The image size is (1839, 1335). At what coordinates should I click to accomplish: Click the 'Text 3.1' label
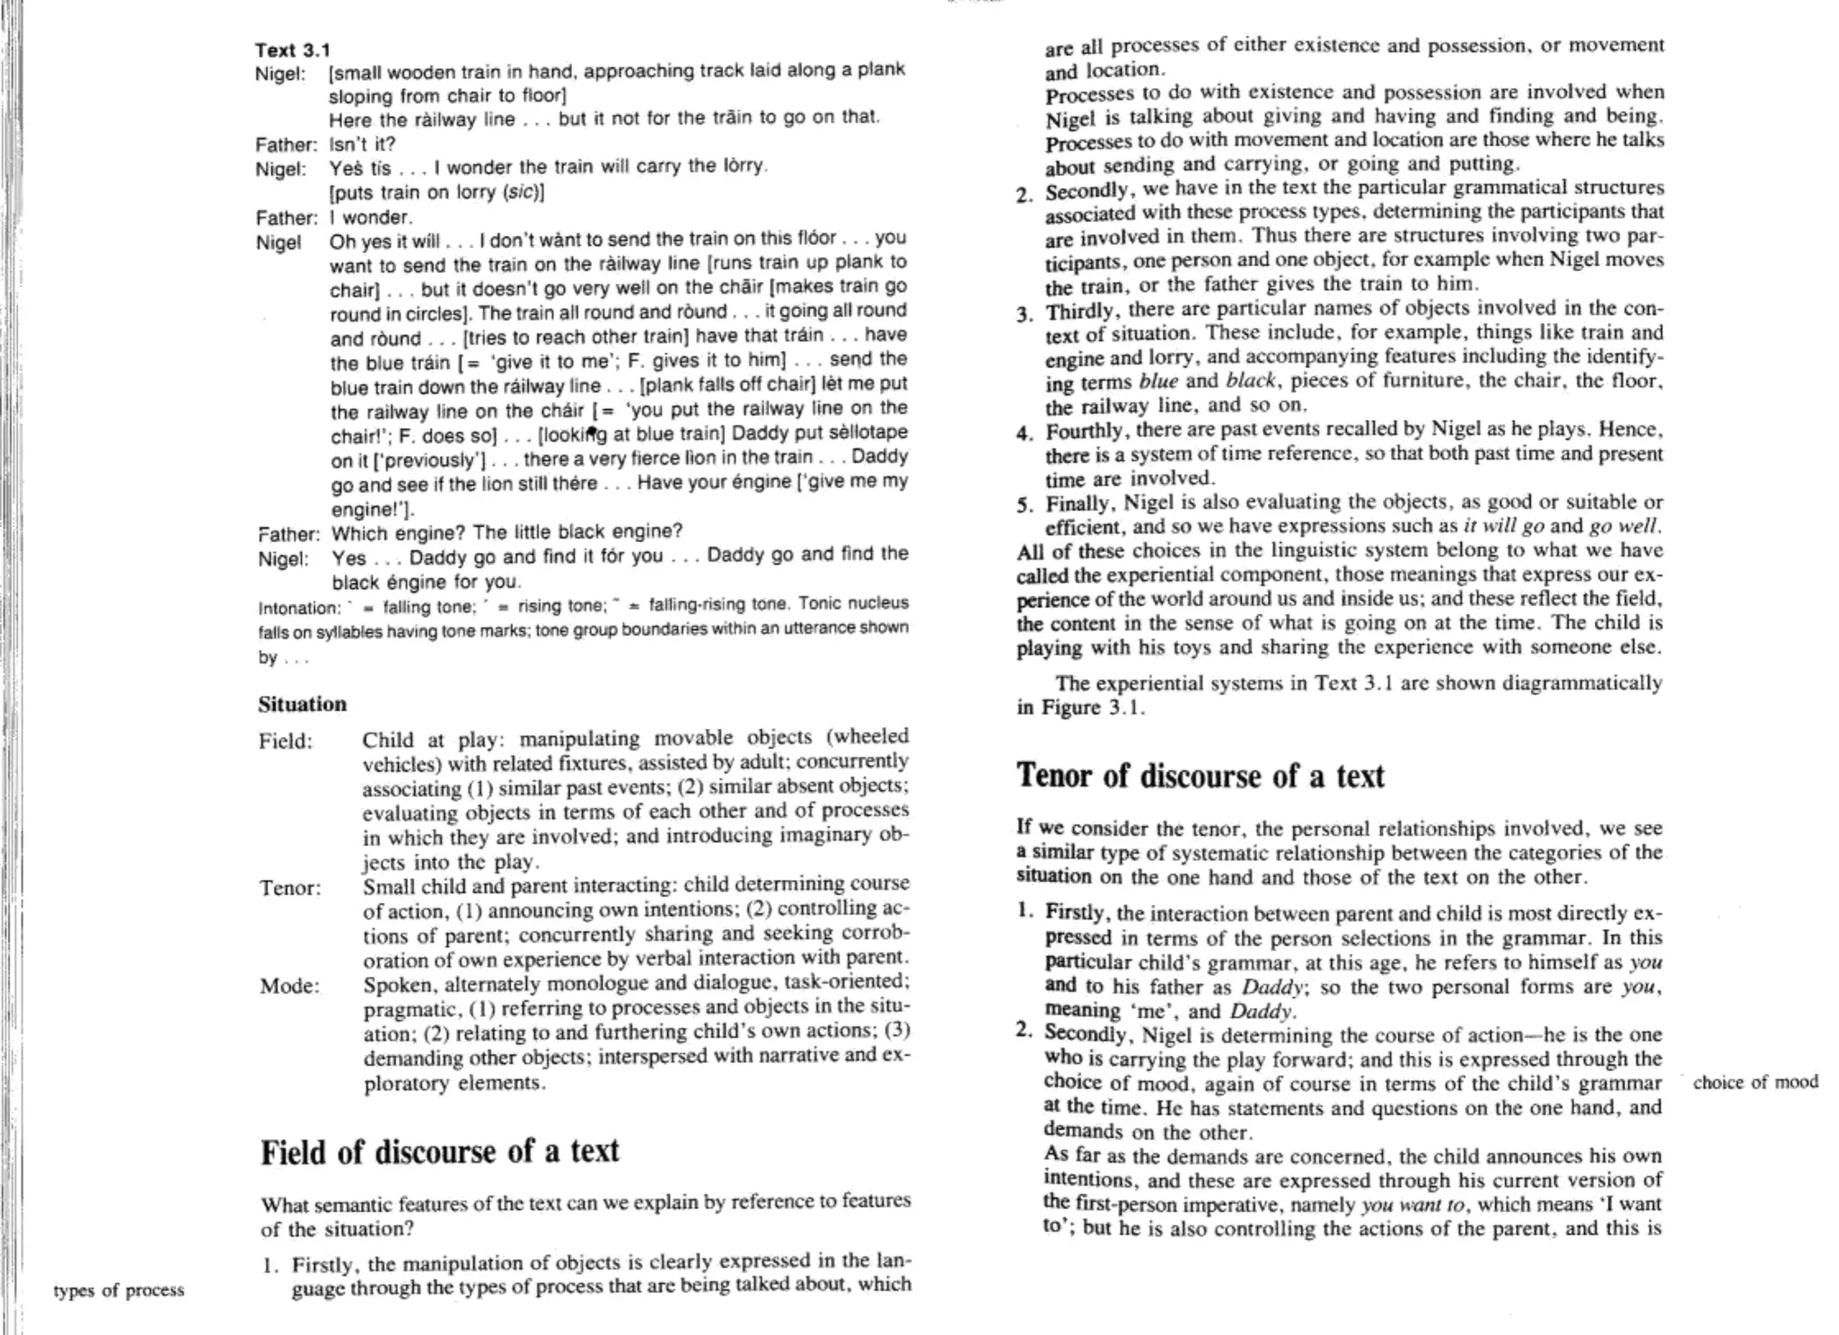click(x=293, y=50)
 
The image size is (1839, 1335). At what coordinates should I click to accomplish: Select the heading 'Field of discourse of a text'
click(x=440, y=1152)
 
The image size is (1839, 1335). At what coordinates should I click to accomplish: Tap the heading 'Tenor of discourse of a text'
click(x=1201, y=776)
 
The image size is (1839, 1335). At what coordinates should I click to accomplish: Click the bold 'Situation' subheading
click(x=302, y=704)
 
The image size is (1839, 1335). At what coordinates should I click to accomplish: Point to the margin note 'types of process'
click(x=119, y=1290)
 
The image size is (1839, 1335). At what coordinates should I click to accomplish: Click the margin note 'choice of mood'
click(x=1755, y=1082)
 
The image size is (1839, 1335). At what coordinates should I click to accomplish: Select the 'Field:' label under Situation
click(x=286, y=742)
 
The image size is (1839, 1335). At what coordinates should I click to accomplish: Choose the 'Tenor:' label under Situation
click(x=290, y=889)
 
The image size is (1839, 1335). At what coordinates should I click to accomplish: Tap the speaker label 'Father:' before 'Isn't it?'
click(x=286, y=145)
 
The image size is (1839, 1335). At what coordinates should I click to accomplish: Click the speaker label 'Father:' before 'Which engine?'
click(x=288, y=534)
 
